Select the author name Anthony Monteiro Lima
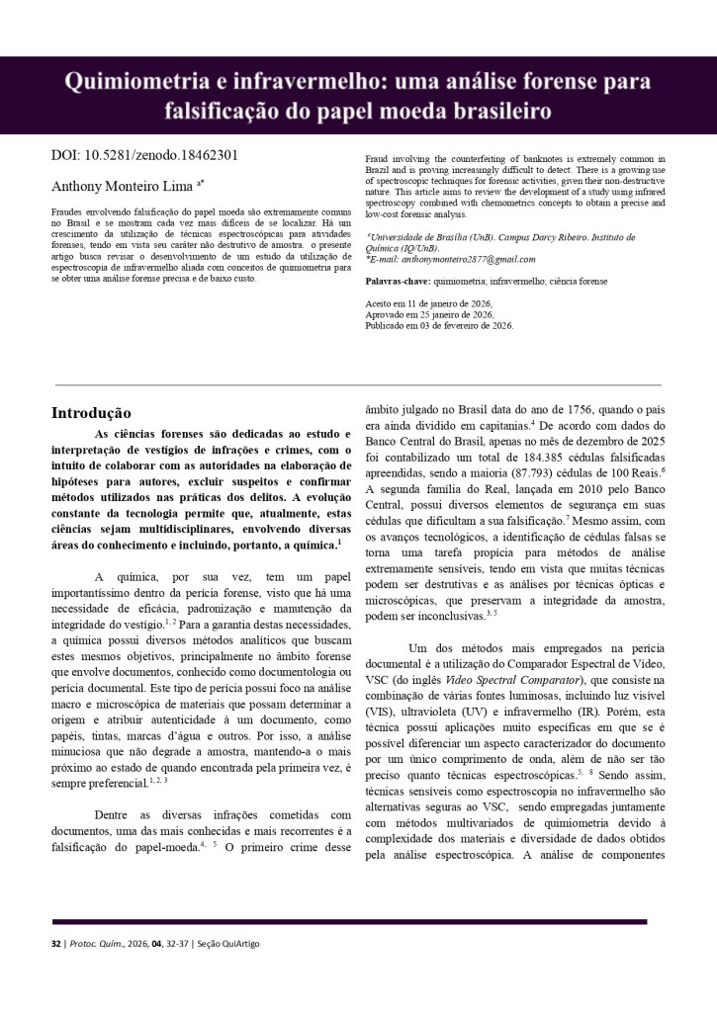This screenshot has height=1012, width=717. click(122, 186)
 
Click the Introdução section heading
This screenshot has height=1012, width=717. click(90, 413)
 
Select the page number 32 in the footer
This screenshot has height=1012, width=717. click(56, 945)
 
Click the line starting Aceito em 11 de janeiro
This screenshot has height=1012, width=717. click(428, 303)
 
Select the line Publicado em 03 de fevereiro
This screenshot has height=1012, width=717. click(439, 325)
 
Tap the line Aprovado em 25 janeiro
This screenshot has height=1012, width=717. click(429, 314)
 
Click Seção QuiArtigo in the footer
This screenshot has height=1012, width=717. click(229, 945)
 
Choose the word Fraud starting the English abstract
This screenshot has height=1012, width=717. click(376, 158)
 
